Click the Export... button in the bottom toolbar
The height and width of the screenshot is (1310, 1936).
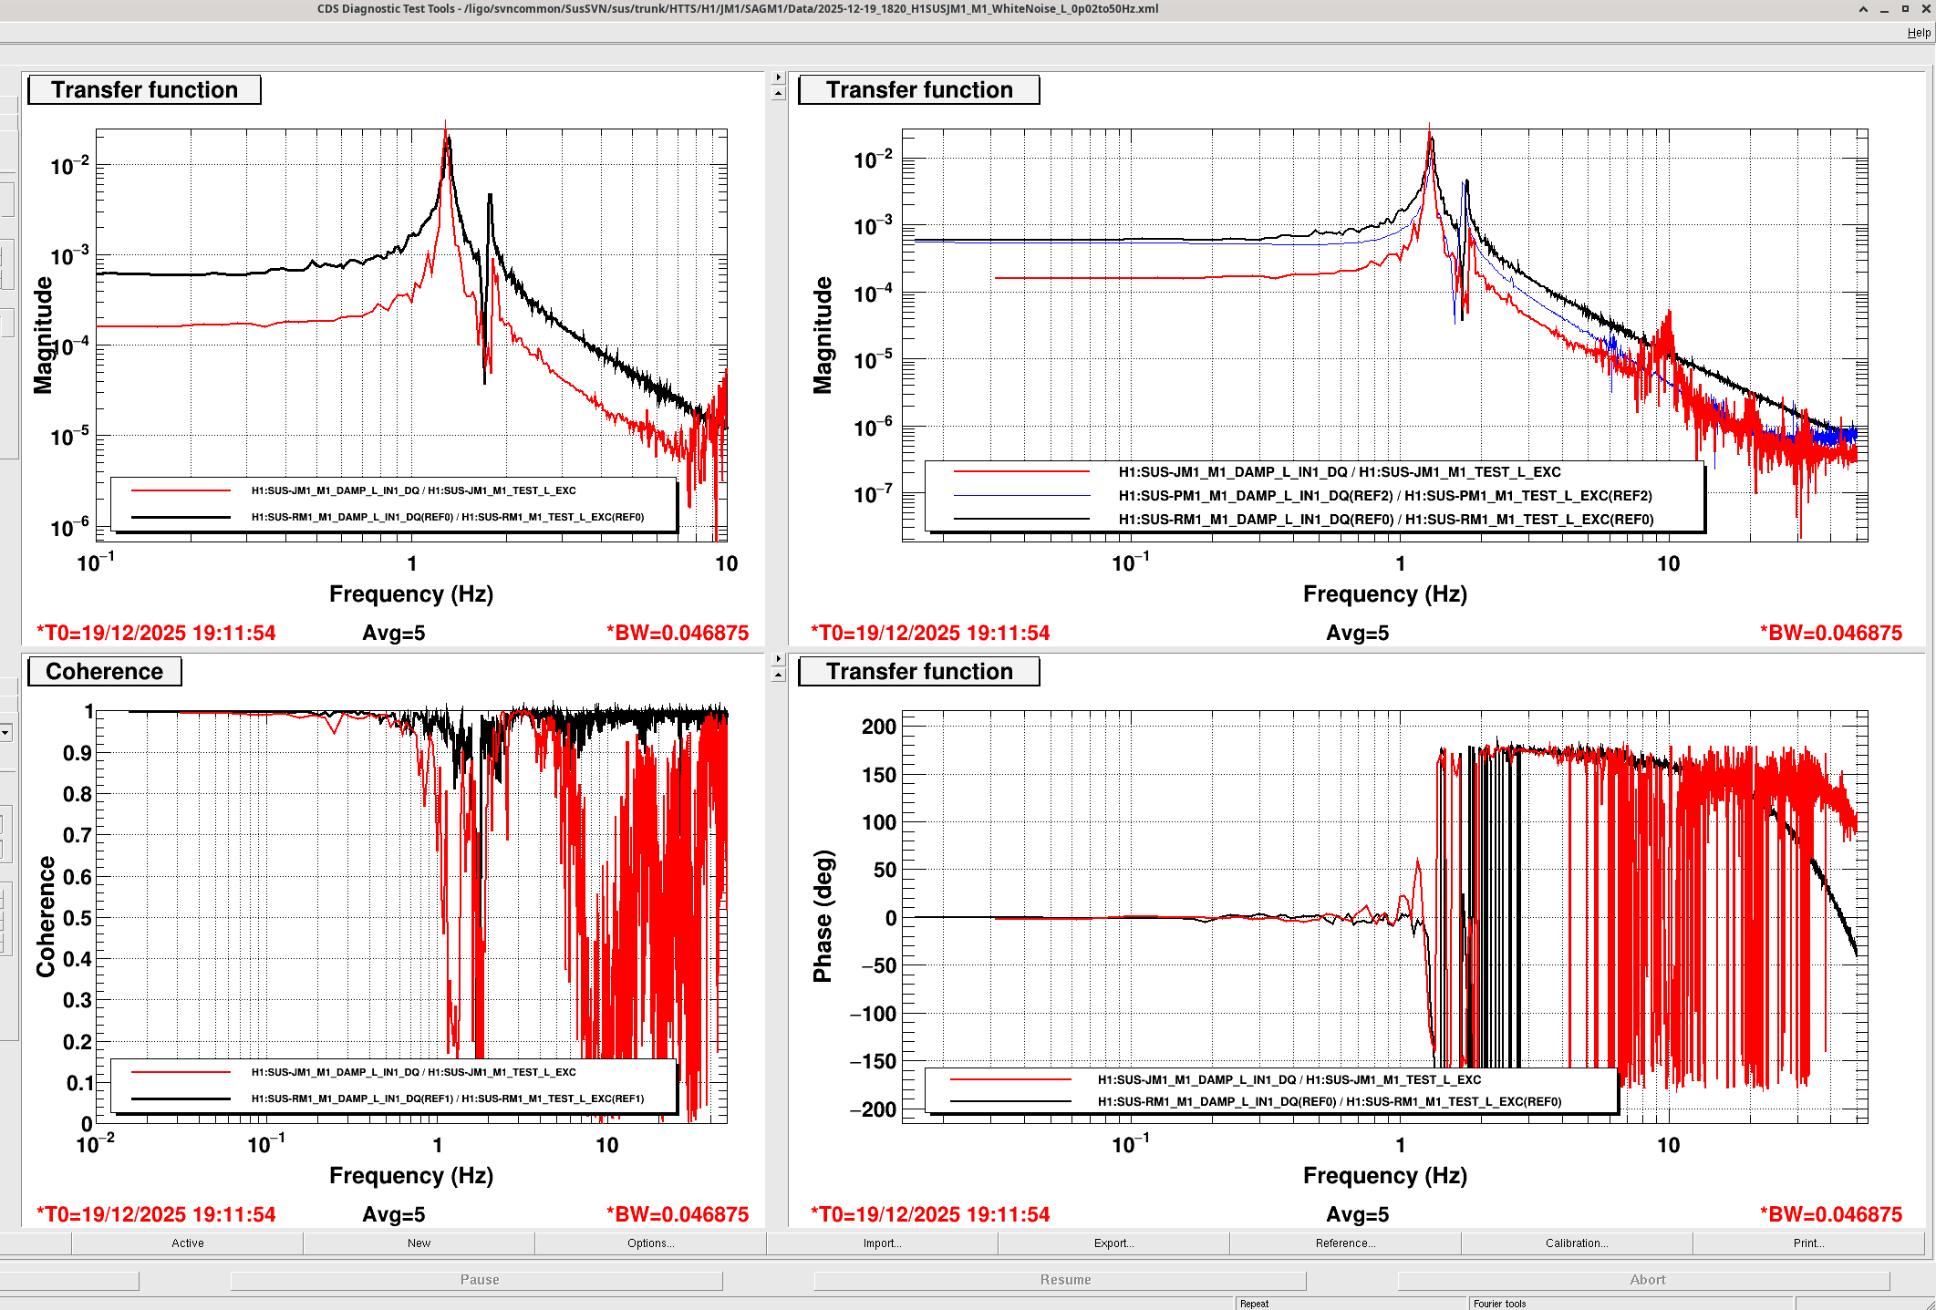(1113, 1243)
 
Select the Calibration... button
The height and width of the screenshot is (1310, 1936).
(1576, 1243)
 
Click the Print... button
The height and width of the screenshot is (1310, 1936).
(1807, 1243)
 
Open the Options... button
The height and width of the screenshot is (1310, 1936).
(650, 1243)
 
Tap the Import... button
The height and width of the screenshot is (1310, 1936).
(882, 1243)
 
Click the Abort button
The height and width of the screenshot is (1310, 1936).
(1647, 1280)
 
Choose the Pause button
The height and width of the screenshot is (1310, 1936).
(479, 1280)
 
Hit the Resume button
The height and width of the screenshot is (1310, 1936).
(1065, 1280)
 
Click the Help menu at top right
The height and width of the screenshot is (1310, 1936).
(1918, 33)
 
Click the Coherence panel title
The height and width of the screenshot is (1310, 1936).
(105, 672)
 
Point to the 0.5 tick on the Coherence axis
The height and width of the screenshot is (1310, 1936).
(78, 918)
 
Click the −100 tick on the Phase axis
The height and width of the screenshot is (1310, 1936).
(873, 1014)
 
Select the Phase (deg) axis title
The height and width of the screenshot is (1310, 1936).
(823, 916)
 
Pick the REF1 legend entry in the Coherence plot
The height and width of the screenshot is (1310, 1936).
(447, 1099)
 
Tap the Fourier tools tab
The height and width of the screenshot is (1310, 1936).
(1499, 1304)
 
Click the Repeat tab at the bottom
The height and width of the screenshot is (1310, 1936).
(1255, 1304)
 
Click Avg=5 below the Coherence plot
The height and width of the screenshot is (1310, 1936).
(394, 1215)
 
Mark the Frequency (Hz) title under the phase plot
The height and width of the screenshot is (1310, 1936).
(1384, 1176)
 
